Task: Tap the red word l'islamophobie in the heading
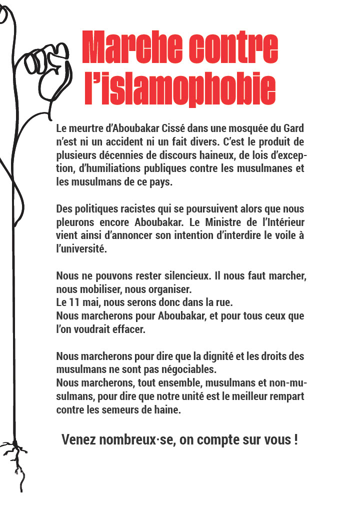(x=180, y=90)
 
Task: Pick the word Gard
(x=292, y=128)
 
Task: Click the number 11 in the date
(x=77, y=302)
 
